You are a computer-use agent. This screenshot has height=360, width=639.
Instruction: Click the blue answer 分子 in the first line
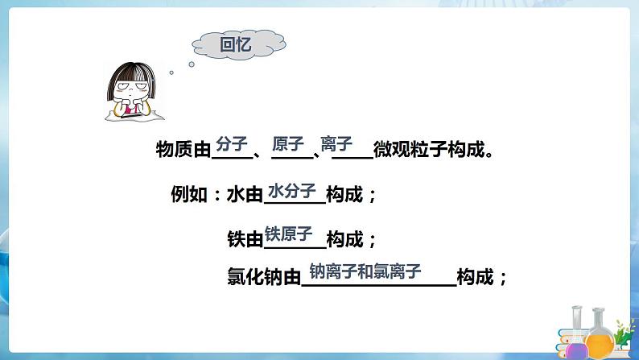(x=231, y=144)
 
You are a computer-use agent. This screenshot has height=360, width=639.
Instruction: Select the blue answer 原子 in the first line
(x=288, y=144)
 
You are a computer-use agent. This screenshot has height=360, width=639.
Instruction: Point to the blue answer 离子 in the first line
(x=336, y=144)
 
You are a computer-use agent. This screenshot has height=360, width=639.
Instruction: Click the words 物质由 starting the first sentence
(x=183, y=150)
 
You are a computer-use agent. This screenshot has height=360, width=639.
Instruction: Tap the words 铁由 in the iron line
(x=245, y=239)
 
